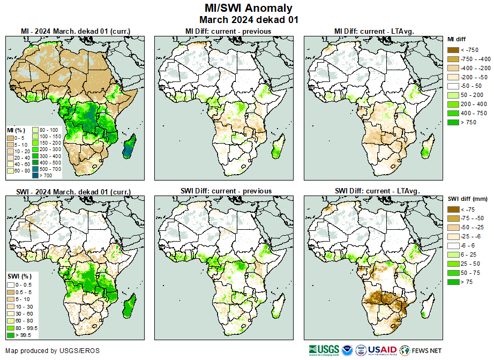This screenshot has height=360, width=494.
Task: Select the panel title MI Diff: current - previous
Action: (x=228, y=31)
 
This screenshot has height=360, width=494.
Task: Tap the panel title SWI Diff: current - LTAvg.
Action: (x=377, y=191)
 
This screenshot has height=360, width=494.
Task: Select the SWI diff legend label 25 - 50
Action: (x=469, y=264)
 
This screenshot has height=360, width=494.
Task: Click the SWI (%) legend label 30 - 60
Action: (x=24, y=313)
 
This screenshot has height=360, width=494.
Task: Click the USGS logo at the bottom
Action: (x=324, y=350)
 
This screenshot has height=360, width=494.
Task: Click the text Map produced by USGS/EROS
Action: (x=53, y=351)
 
